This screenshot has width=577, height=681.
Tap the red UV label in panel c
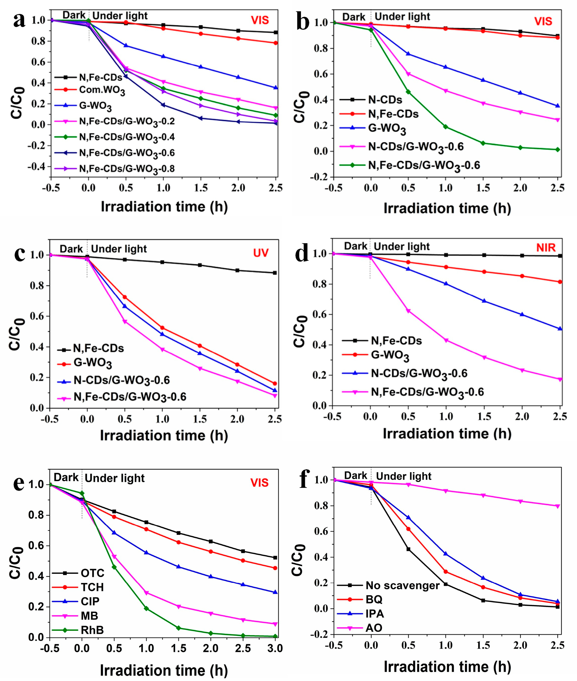[261, 253]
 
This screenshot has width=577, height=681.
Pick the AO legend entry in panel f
[374, 628]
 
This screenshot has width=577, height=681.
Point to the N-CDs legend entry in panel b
[385, 100]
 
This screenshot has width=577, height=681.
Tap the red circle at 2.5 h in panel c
[275, 384]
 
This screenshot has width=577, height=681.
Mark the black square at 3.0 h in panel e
[275, 558]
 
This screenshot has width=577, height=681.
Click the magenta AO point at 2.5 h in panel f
[558, 506]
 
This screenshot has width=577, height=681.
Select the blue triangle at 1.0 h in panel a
[163, 56]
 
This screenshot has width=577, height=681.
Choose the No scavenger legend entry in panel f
[402, 585]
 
